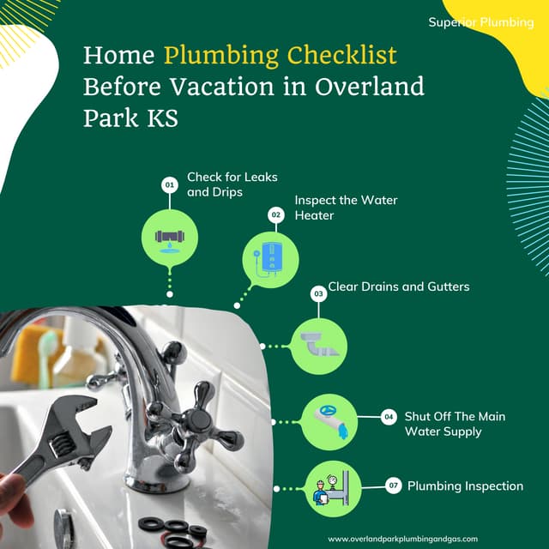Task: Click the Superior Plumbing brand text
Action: tap(480, 21)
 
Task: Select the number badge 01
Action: tap(170, 184)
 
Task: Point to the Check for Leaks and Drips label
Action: tap(220, 184)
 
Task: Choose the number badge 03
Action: tap(318, 294)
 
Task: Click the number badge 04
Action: tap(389, 417)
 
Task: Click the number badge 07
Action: tap(394, 486)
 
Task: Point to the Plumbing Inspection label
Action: tap(465, 486)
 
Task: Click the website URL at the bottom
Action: tap(415, 538)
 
